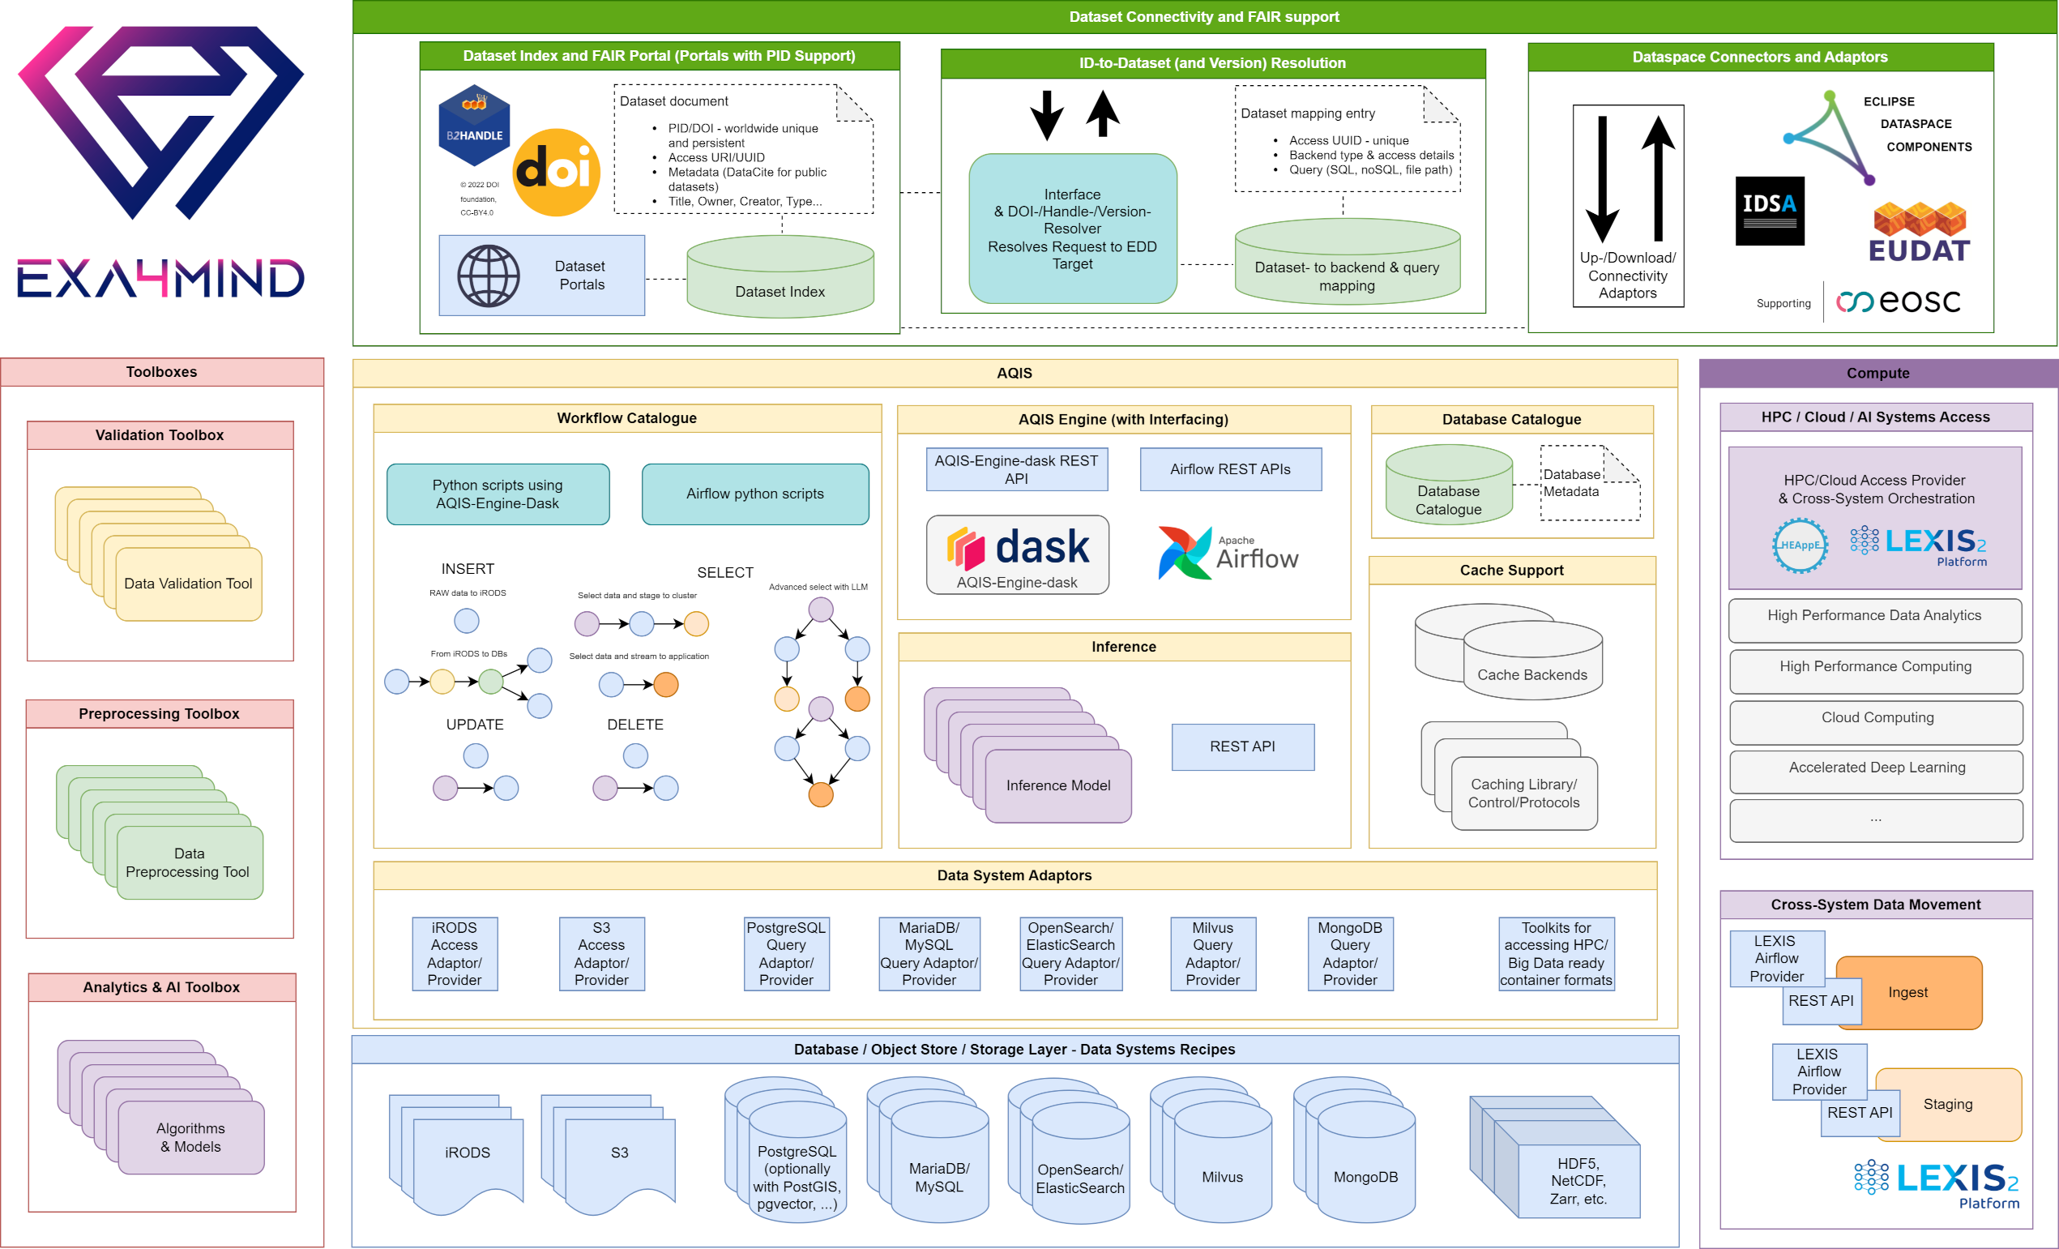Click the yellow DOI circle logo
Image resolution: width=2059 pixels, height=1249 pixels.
[556, 172]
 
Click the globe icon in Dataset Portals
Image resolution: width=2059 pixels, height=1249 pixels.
[488, 276]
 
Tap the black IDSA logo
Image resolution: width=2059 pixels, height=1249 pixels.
[1769, 211]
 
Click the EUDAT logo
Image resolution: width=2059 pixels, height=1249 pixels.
[1919, 233]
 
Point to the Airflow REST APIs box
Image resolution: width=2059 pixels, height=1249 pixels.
[1230, 470]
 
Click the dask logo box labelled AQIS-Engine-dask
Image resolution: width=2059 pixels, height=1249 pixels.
[1017, 555]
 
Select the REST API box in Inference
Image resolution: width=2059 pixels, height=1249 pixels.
[1241, 746]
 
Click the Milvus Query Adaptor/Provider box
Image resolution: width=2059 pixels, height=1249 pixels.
[1211, 954]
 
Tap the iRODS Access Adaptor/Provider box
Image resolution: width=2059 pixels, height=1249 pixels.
[455, 954]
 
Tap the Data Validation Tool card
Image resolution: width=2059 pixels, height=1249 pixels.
[189, 584]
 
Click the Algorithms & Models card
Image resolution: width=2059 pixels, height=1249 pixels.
[190, 1138]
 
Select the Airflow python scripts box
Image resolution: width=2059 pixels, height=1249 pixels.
[754, 494]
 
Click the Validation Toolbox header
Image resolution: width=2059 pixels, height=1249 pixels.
[160, 435]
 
